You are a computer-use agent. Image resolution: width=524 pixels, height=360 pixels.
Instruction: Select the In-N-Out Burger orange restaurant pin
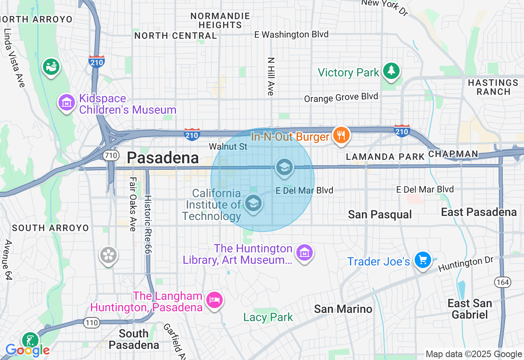pyautogui.click(x=341, y=135)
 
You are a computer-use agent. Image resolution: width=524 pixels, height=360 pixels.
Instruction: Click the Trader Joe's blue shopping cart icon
pyautogui.click(x=422, y=260)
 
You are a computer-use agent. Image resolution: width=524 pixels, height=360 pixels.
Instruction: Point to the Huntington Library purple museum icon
pyautogui.click(x=304, y=253)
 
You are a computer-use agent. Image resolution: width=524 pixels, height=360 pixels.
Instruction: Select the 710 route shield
pyautogui.click(x=111, y=155)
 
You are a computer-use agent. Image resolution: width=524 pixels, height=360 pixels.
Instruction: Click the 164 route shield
pyautogui.click(x=501, y=282)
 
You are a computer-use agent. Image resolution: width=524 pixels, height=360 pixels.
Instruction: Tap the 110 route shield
pyautogui.click(x=92, y=323)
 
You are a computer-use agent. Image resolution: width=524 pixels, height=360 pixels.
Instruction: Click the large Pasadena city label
pyautogui.click(x=163, y=158)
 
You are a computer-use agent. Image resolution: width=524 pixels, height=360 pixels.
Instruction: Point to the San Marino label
pyautogui.click(x=343, y=309)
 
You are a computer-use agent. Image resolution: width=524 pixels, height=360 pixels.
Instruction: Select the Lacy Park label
pyautogui.click(x=268, y=317)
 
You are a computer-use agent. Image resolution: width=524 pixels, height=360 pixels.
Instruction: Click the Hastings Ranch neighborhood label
pyautogui.click(x=493, y=87)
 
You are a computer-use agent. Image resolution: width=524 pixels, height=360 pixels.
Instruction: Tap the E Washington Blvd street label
pyautogui.click(x=291, y=34)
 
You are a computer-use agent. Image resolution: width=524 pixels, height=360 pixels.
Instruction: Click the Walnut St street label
pyautogui.click(x=228, y=146)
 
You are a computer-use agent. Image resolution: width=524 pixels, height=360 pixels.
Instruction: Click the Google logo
pyautogui.click(x=27, y=350)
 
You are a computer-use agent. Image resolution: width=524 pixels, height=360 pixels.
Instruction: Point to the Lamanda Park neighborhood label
pyautogui.click(x=385, y=157)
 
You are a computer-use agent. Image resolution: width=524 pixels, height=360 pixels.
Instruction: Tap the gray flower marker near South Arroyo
pyautogui.click(x=108, y=256)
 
